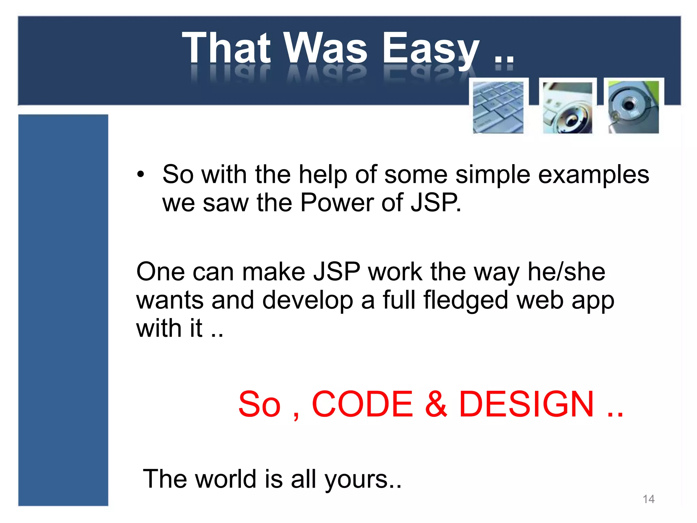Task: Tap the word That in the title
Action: [226, 48]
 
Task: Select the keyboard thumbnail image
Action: [498, 107]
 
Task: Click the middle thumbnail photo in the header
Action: [567, 107]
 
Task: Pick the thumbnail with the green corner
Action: [634, 107]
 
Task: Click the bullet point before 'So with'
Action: [141, 175]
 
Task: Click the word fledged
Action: [466, 300]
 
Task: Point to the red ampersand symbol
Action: [436, 404]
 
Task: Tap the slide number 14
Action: [648, 499]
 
